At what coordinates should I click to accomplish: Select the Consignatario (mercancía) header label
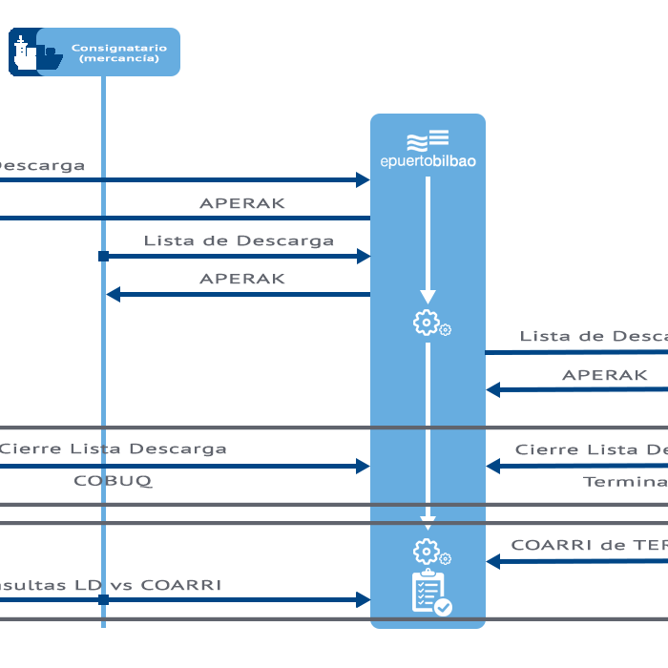119,52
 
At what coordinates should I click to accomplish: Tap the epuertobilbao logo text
428,161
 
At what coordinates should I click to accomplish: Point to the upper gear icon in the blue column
428,324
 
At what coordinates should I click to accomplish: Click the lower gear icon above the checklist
428,552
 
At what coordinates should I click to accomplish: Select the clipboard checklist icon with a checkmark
430,593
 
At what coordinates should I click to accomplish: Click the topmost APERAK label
241,203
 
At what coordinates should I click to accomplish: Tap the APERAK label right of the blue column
604,375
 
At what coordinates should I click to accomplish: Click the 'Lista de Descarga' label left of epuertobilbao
239,240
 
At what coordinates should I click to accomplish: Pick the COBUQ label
113,481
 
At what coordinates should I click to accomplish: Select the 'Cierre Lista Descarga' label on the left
113,449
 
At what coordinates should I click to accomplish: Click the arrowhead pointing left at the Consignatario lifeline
113,295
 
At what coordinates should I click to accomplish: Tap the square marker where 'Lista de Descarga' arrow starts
103,257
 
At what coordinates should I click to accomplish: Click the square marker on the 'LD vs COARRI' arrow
103,600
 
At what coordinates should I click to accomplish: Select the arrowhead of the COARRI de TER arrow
493,562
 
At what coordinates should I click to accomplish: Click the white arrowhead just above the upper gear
428,297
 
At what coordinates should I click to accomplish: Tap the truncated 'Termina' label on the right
624,482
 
